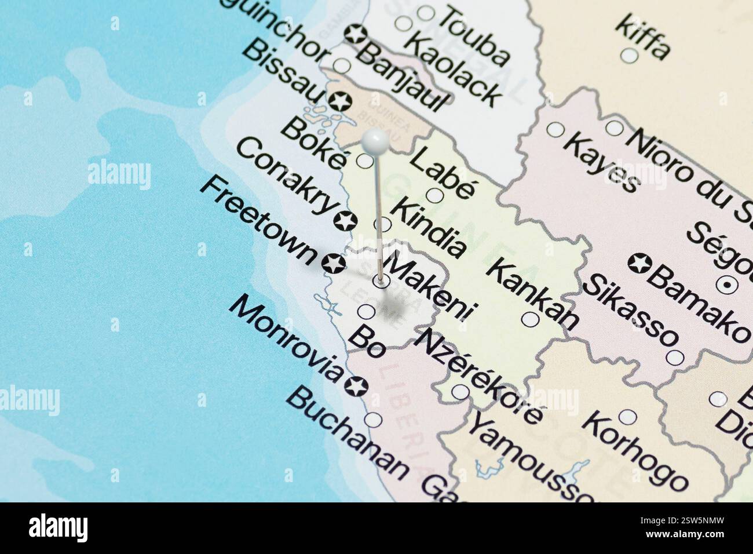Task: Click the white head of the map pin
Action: pyautogui.click(x=376, y=140)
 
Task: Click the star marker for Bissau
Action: pyautogui.click(x=340, y=102)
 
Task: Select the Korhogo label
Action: pyautogui.click(x=634, y=451)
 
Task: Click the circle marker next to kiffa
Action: pyautogui.click(x=629, y=56)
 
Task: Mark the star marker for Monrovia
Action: pyautogui.click(x=356, y=385)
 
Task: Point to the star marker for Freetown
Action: pyautogui.click(x=334, y=264)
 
